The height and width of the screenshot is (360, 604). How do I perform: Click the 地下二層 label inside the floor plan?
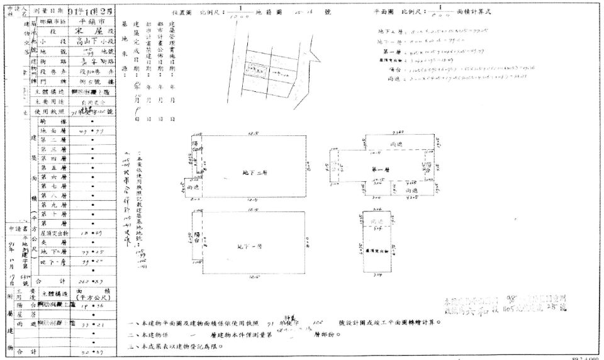click(x=254, y=171)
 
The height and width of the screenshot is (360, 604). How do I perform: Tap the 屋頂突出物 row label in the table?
click(x=54, y=232)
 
